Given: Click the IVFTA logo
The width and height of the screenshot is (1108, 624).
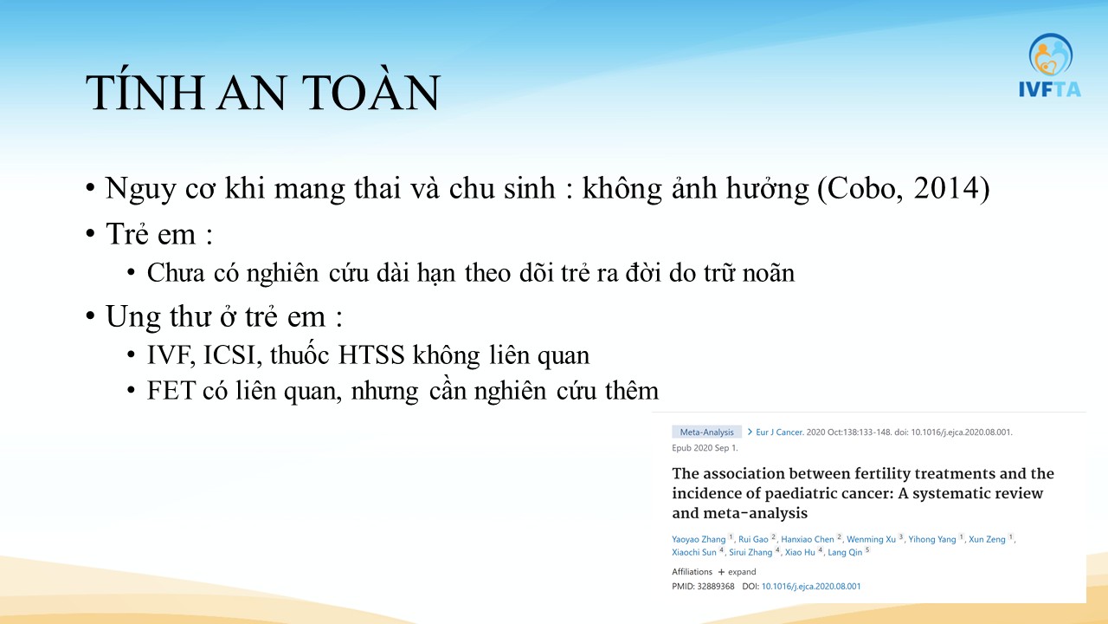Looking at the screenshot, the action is click(1050, 65).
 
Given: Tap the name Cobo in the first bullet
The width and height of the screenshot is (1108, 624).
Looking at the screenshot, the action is click(860, 188).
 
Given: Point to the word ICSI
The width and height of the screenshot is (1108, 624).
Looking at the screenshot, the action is click(230, 355).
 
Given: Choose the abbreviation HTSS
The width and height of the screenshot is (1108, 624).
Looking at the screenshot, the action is click(371, 355).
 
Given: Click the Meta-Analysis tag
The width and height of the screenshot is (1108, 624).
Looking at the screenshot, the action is click(706, 432).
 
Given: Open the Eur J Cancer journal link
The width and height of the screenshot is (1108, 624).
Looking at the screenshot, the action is click(779, 432).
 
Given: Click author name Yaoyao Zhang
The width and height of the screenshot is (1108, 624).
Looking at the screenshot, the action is click(699, 539).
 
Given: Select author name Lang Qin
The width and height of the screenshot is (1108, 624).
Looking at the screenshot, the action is click(844, 552).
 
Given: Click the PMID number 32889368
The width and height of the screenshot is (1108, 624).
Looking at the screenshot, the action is click(715, 587).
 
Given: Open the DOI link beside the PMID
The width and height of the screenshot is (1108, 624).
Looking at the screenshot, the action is click(811, 587).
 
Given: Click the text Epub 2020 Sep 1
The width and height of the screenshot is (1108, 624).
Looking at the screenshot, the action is click(705, 448).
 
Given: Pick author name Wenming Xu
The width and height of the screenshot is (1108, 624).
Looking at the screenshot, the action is click(871, 539).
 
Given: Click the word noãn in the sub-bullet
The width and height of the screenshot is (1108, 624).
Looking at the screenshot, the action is click(768, 273).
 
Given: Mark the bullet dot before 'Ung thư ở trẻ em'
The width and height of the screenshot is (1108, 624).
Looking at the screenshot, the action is click(89, 316).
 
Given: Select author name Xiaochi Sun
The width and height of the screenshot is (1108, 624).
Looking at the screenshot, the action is click(694, 552).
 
